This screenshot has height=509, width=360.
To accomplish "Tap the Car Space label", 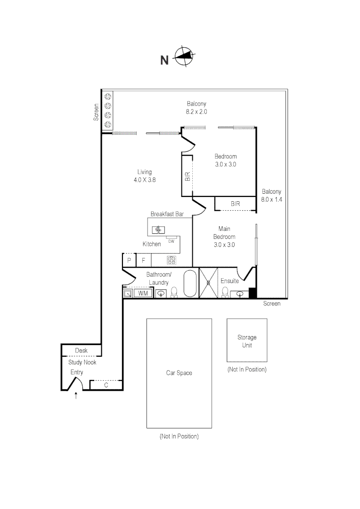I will point(179,373).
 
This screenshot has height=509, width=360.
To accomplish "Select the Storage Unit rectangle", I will point(247,341).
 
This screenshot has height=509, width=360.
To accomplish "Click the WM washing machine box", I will point(143,294).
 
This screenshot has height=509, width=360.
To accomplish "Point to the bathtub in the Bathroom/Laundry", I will point(190,283).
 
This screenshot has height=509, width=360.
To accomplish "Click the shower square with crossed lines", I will point(209,283).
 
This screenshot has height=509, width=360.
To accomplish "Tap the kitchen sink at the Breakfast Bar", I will point(158,230).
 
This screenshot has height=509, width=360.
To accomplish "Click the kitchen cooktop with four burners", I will point(172,260).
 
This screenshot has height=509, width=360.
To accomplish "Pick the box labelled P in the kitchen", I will point(129,260).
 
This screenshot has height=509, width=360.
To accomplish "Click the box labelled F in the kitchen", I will point(143,260).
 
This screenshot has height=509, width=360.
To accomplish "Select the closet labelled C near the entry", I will point(106,385).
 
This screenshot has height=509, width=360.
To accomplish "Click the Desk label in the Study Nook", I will point(82,351).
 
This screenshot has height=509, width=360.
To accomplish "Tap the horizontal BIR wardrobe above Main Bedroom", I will point(235,204).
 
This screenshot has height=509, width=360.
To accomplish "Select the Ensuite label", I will point(229,281).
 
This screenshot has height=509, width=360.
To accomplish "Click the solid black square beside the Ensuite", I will point(252,293).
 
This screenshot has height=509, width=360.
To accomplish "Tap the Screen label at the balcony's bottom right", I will point(272,304).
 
